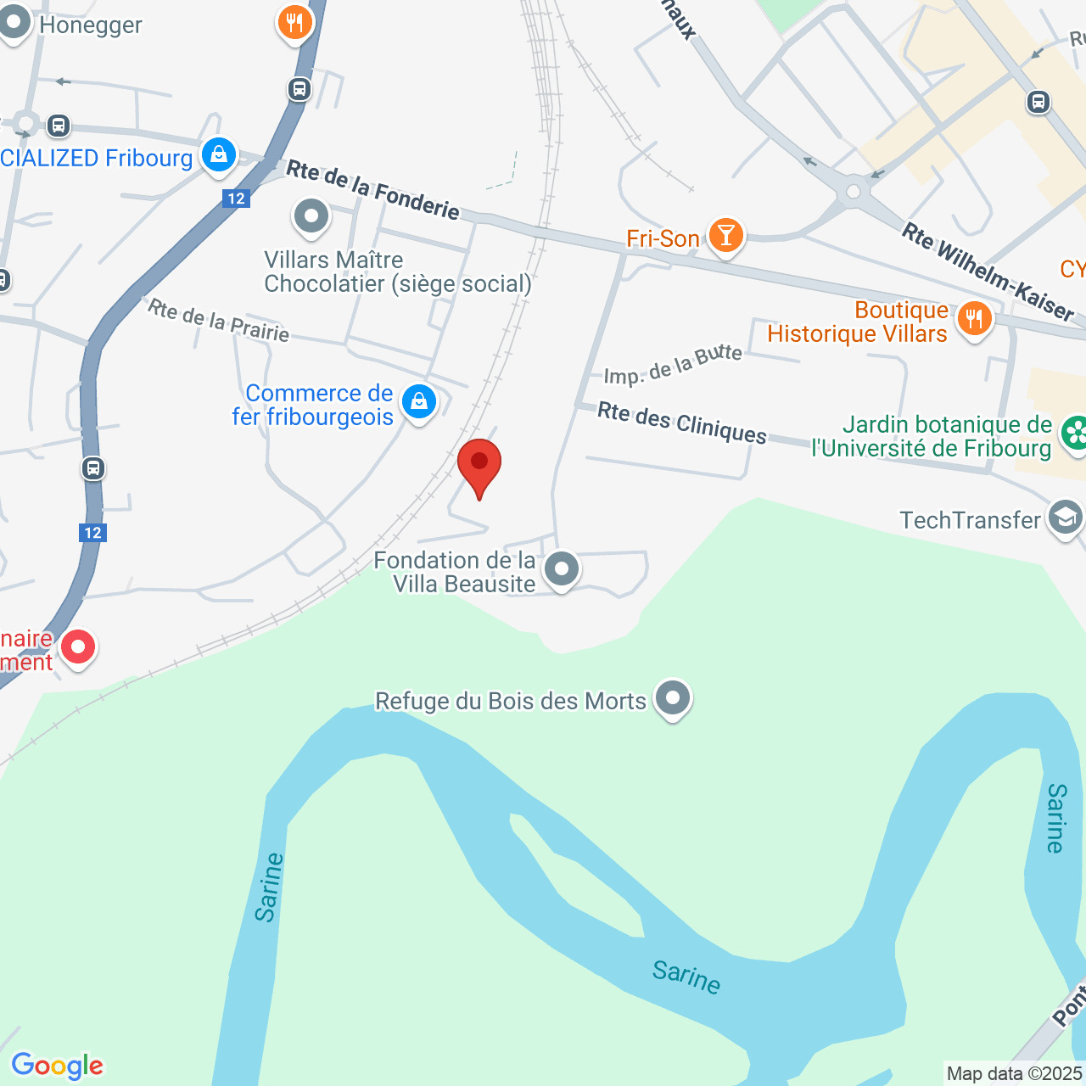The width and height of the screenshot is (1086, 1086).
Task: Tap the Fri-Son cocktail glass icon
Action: point(725,235)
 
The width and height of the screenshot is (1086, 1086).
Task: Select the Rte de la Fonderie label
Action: point(372,190)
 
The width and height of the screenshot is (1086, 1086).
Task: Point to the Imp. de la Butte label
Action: point(673,365)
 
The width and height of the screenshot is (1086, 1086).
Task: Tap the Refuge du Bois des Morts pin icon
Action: point(674,698)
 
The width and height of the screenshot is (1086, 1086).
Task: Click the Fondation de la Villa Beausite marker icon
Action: point(561,568)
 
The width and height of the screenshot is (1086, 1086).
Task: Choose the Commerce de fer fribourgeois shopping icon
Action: point(418,402)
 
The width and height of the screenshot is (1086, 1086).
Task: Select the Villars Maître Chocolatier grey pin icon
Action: point(311,216)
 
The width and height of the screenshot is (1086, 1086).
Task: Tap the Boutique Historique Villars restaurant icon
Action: point(974,320)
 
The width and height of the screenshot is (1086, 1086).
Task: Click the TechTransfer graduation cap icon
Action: point(1065,517)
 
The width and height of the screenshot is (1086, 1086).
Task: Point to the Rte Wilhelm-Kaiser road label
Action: point(988,271)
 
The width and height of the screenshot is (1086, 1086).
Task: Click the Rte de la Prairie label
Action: point(219,320)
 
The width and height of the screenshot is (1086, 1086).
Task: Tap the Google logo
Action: point(57,1066)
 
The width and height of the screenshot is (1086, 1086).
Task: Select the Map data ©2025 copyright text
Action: point(1015,1073)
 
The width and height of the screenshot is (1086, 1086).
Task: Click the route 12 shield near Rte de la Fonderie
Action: point(236,199)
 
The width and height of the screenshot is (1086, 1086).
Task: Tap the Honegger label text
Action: point(91,25)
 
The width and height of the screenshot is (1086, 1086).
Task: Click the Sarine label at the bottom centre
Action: point(686,976)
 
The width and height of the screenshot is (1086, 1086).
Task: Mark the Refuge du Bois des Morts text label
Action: point(511,701)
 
